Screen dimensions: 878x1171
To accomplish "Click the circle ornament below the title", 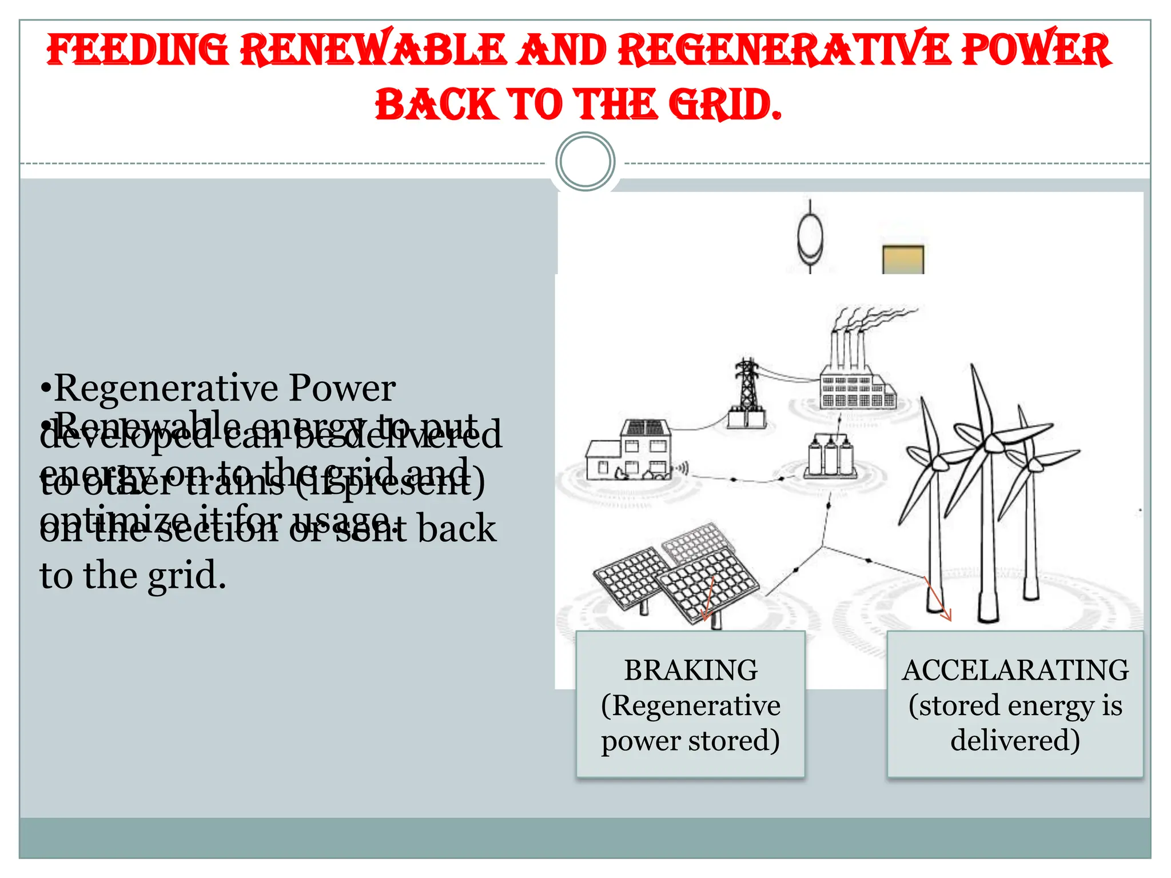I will tap(585, 162).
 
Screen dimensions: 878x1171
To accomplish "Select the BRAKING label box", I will tap(690, 704).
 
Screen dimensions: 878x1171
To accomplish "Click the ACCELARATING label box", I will tap(1015, 704).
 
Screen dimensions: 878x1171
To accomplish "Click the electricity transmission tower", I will tap(747, 394).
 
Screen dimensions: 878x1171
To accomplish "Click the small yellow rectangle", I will tap(903, 260).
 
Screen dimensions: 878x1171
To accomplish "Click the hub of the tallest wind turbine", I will tap(993, 441).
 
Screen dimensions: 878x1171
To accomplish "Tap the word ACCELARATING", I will tap(1015, 670).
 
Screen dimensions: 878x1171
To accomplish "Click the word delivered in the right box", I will tap(1015, 740).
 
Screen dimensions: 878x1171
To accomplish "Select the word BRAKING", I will tap(691, 670).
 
